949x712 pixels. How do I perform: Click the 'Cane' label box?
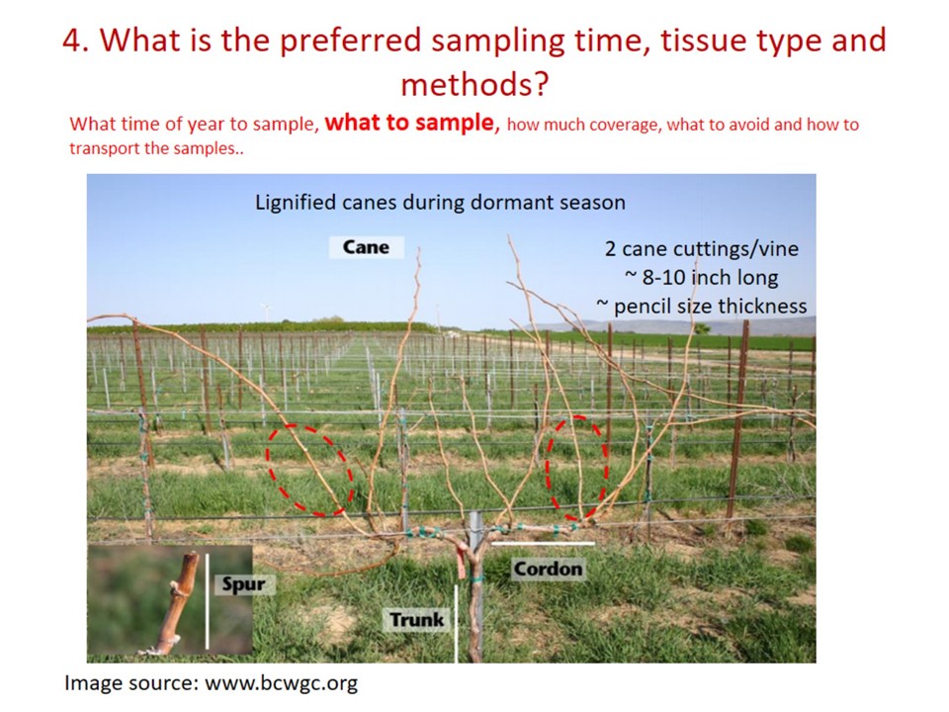pyautogui.click(x=366, y=247)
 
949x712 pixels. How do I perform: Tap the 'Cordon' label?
pyautogui.click(x=549, y=570)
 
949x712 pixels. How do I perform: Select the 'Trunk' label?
pyautogui.click(x=417, y=620)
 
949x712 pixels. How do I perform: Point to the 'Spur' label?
pyautogui.click(x=244, y=584)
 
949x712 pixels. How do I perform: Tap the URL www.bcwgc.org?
pyautogui.click(x=282, y=683)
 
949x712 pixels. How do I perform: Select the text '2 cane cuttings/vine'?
pyautogui.click(x=702, y=248)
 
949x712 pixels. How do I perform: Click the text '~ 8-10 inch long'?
pyautogui.click(x=702, y=277)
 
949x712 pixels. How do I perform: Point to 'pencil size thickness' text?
pyautogui.click(x=710, y=307)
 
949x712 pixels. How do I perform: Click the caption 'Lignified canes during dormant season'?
pyautogui.click(x=440, y=202)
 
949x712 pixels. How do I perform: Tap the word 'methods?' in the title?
pyautogui.click(x=474, y=84)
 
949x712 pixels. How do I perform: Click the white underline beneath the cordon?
pyautogui.click(x=543, y=544)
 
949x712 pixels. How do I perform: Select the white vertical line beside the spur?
pyautogui.click(x=207, y=600)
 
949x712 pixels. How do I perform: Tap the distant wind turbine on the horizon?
pyautogui.click(x=265, y=312)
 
